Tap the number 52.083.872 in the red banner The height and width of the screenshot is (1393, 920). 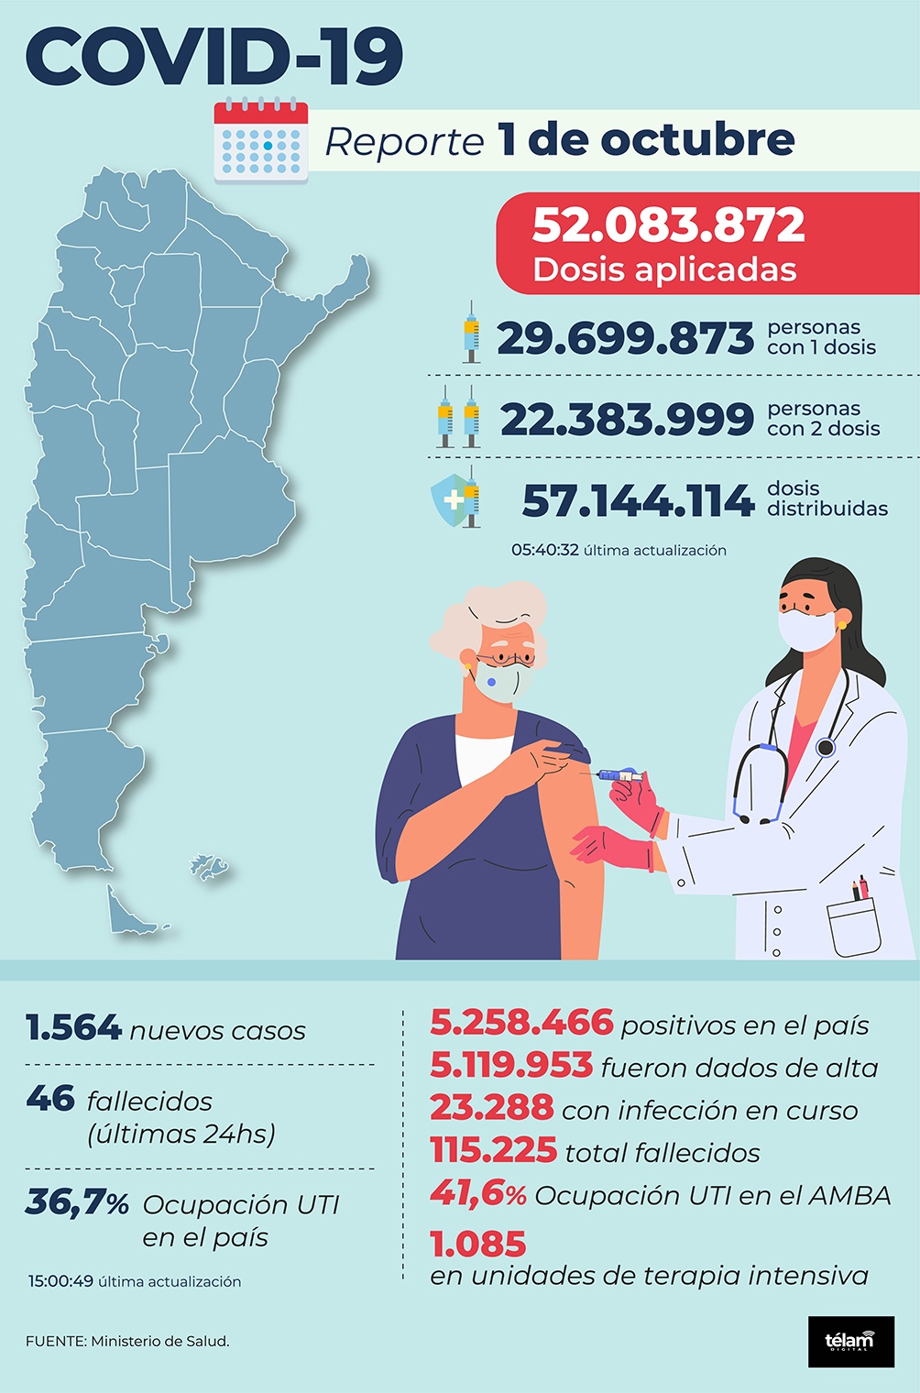668,225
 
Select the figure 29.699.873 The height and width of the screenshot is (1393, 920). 625,338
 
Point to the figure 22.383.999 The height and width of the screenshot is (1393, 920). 627,420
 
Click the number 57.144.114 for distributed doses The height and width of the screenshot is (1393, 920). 638,501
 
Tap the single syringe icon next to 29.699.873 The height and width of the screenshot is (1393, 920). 471,333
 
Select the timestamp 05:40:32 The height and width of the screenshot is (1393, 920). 544,550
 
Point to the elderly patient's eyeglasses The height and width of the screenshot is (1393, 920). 505,657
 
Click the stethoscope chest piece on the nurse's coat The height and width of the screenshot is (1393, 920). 826,747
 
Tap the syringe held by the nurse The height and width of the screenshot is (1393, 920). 618,775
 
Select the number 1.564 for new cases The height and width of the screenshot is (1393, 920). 73,1028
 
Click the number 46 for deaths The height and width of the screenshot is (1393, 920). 50,1098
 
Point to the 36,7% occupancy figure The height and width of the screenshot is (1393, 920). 77,1201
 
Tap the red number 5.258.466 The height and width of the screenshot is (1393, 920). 520,1022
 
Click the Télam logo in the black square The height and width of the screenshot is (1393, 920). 850,1342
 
